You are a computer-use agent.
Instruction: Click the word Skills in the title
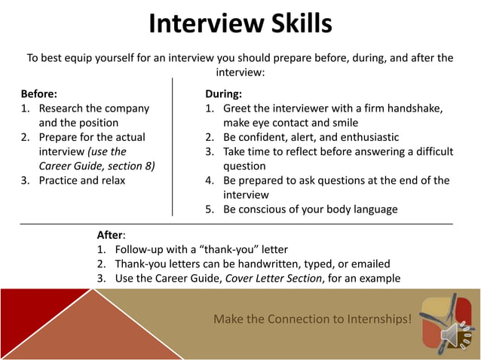pos(294,23)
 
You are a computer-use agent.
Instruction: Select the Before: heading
pos(38,94)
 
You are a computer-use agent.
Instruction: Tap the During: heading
pos(223,94)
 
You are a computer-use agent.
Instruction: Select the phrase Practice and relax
pos(82,180)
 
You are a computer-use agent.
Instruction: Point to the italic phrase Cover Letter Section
pos(277,278)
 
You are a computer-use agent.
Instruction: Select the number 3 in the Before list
pos(24,180)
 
